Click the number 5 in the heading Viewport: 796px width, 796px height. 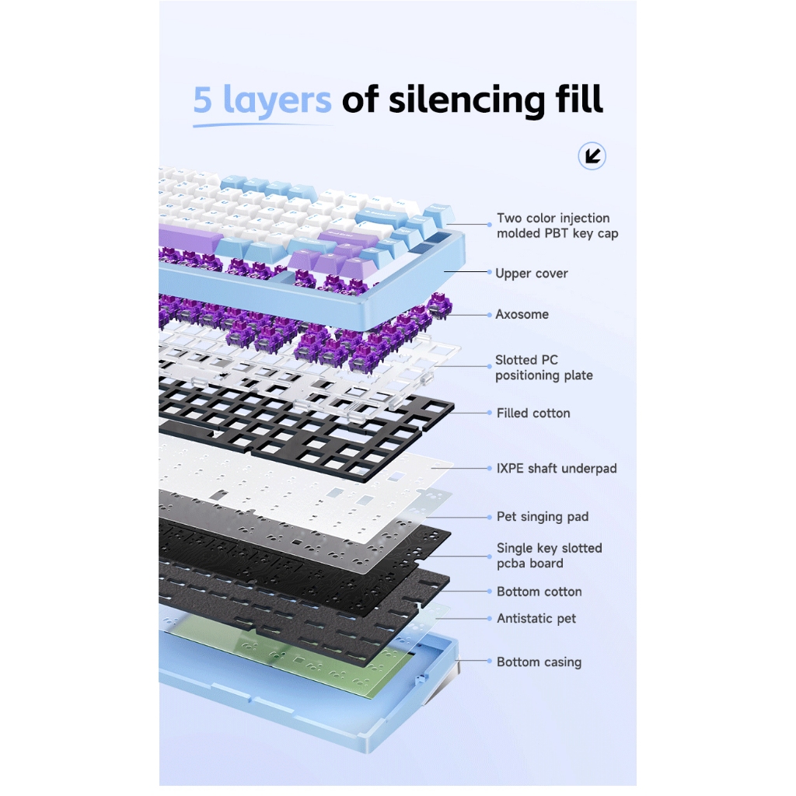tap(203, 99)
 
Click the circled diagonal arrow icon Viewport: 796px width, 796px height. tap(592, 155)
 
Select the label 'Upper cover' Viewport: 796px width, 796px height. tap(531, 273)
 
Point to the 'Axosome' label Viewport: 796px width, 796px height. tap(522, 314)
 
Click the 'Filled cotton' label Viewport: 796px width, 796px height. tap(533, 413)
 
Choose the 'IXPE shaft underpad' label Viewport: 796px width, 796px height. tap(557, 468)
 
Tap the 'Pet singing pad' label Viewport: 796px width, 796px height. tap(542, 516)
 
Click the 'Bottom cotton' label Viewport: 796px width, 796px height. tap(539, 592)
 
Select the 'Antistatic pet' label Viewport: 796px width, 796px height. tap(536, 618)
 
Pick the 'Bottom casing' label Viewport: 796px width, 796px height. tap(539, 662)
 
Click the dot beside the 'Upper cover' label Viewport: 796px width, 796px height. tap(490, 272)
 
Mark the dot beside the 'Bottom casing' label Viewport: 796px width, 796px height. tap(490, 661)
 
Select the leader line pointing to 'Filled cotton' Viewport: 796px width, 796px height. tap(469, 413)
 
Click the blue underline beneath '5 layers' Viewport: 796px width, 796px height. tap(263, 124)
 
